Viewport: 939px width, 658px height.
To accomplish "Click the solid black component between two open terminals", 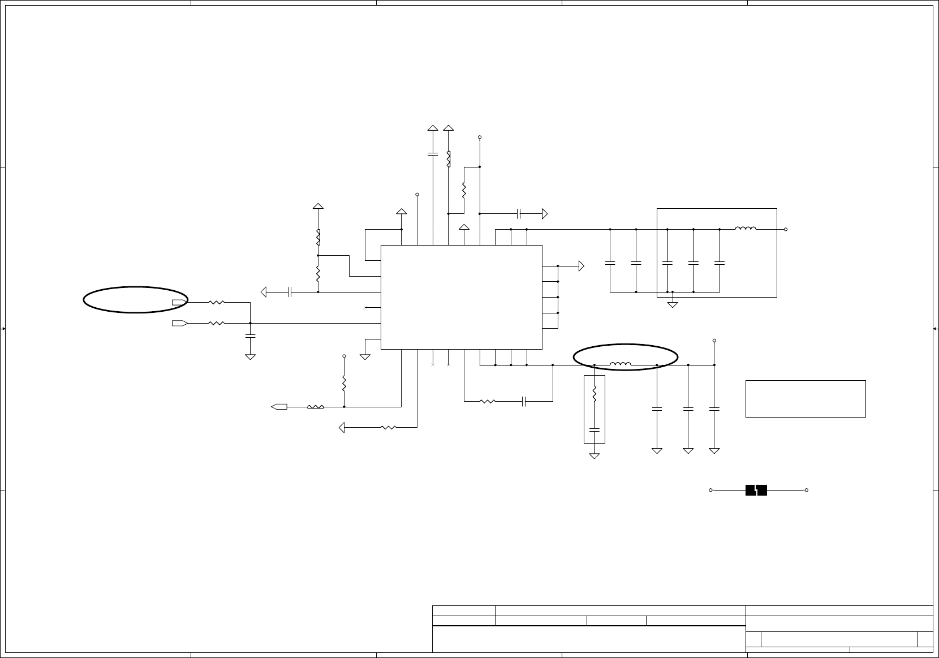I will pyautogui.click(x=756, y=490).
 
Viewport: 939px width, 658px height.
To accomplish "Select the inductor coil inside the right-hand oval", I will pyautogui.click(x=621, y=364).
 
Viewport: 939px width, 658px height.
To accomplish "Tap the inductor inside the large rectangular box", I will pyautogui.click(x=746, y=229).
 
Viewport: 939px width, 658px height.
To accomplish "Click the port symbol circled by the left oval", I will pyautogui.click(x=179, y=302).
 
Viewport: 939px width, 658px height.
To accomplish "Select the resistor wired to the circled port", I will pyautogui.click(x=217, y=302).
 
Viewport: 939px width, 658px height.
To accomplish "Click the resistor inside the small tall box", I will pyautogui.click(x=595, y=394).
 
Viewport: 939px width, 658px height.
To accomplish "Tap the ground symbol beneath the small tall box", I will pyautogui.click(x=595, y=455).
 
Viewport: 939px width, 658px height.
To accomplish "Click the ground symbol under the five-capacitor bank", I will pyautogui.click(x=673, y=304).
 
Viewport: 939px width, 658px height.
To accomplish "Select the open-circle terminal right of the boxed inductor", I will pyautogui.click(x=786, y=229).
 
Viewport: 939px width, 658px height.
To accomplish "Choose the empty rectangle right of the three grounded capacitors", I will pyautogui.click(x=806, y=399).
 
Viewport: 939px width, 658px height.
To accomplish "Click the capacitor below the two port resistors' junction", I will pyautogui.click(x=250, y=336).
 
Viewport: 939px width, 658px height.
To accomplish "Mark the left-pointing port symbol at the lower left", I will pyautogui.click(x=279, y=406).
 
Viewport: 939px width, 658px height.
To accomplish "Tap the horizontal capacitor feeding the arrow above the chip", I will pyautogui.click(x=519, y=214).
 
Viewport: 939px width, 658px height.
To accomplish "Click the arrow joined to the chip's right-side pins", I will pyautogui.click(x=580, y=266).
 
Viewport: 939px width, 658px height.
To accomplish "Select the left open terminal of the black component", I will pyautogui.click(x=710, y=490).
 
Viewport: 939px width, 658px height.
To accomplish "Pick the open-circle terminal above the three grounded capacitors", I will pyautogui.click(x=714, y=341).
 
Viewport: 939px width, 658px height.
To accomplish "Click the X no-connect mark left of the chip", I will pyautogui.click(x=365, y=308).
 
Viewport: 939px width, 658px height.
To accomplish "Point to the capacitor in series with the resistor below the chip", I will pyautogui.click(x=525, y=401).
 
